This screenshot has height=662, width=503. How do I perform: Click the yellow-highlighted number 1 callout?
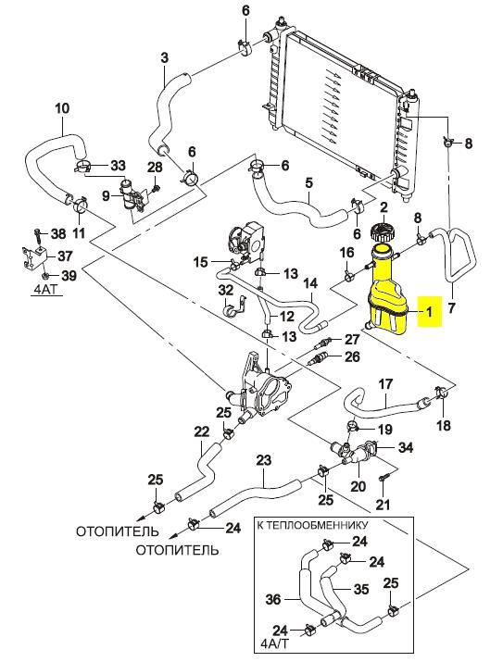(429, 312)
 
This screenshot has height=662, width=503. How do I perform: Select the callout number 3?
(164, 57)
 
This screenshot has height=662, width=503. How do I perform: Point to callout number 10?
(62, 108)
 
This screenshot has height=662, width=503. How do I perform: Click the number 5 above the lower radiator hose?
(308, 183)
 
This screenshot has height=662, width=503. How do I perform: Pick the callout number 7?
(451, 307)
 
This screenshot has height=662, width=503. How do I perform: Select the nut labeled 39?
(45, 276)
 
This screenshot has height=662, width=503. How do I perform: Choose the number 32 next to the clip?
(225, 291)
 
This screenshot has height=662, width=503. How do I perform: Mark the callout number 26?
(352, 356)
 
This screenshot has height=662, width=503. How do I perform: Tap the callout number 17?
(385, 384)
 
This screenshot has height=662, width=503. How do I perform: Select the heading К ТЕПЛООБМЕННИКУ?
(312, 525)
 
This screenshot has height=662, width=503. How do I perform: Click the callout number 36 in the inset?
(273, 599)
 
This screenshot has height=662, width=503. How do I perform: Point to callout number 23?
(264, 460)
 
